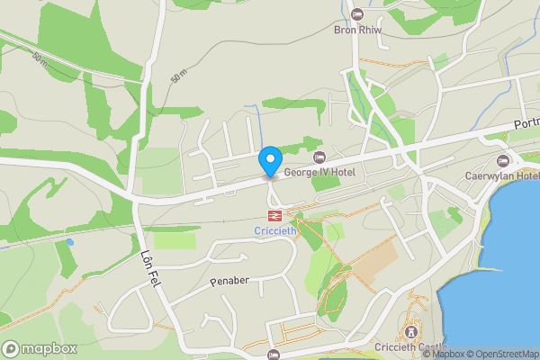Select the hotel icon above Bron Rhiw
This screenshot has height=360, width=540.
tap(357, 14)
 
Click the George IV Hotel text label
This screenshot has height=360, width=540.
tap(319, 172)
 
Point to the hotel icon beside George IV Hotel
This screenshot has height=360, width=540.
tap(319, 158)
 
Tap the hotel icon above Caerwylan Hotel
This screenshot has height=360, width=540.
tap(502, 160)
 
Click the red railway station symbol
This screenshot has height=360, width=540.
tap(274, 216)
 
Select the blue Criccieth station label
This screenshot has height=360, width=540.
tap(274, 231)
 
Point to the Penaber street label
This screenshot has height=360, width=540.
tap(229, 282)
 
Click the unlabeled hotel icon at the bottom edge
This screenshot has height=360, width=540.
tap(274, 355)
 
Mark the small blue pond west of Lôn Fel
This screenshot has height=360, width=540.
tap(69, 242)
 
